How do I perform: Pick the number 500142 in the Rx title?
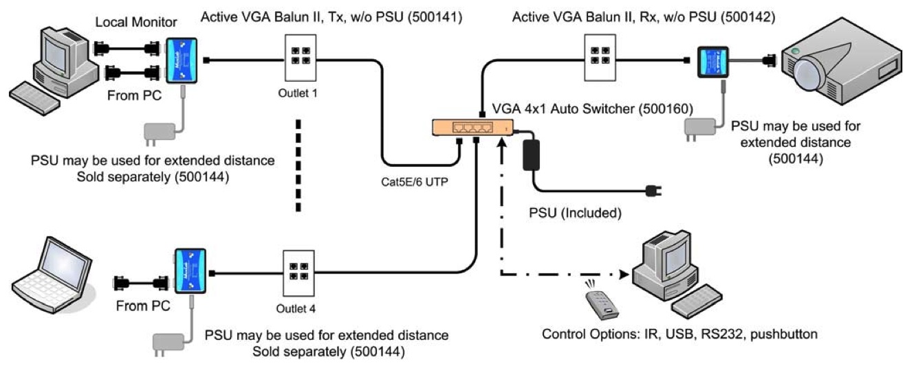746,15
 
